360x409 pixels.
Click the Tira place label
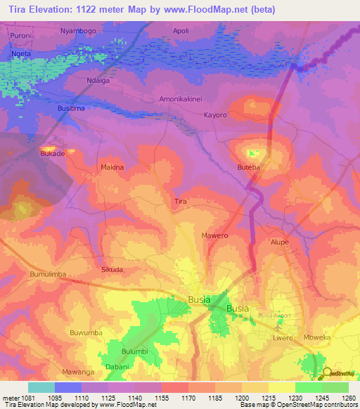pos(181,202)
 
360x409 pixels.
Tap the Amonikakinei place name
pos(182,99)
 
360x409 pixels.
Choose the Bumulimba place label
pos(48,274)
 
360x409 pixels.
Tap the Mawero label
pos(214,236)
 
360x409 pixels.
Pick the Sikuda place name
pos(112,269)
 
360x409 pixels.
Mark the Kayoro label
pos(215,115)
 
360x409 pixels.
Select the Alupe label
pos(281,241)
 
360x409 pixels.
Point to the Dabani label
pos(117,367)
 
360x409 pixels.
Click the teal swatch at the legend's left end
pos(41,387)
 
